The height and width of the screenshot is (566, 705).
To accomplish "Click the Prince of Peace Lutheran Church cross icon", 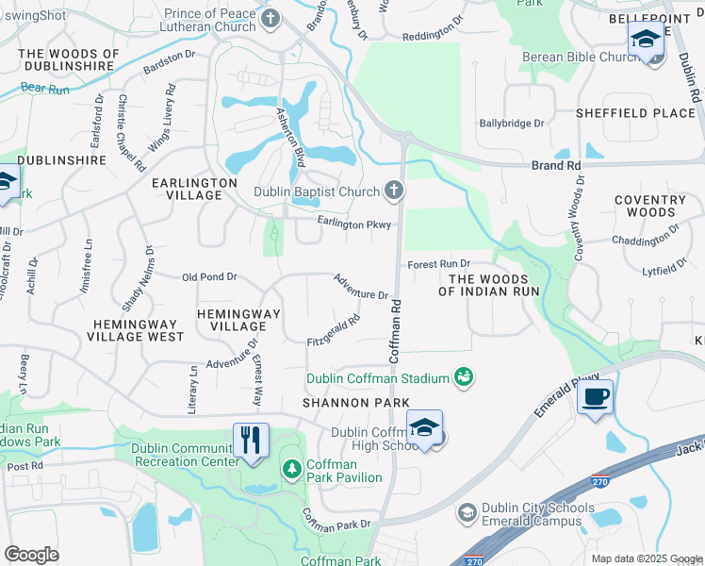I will coord(271,19).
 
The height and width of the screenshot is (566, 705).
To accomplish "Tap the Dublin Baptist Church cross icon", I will coord(394,191).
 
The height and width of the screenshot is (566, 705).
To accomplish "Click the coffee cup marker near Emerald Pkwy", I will coord(596,396).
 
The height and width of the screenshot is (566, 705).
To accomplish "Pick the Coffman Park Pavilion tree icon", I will coord(291,468).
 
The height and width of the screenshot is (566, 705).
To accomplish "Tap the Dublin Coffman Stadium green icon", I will coord(463,378).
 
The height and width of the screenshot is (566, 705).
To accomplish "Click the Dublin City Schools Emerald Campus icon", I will coord(466,512).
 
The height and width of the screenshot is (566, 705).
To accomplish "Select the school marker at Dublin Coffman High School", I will coord(424,427).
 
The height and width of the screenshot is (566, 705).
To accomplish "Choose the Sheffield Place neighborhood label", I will coord(635,113).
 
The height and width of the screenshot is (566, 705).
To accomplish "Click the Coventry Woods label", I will coord(650,206).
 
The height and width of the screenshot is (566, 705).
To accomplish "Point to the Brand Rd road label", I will coord(555,165).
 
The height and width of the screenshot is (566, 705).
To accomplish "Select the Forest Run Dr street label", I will coord(438,265).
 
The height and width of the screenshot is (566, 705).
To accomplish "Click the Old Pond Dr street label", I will coord(209,277).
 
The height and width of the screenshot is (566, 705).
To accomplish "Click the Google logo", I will coord(31,554).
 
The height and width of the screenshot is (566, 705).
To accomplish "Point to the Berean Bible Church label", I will coord(582,58).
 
